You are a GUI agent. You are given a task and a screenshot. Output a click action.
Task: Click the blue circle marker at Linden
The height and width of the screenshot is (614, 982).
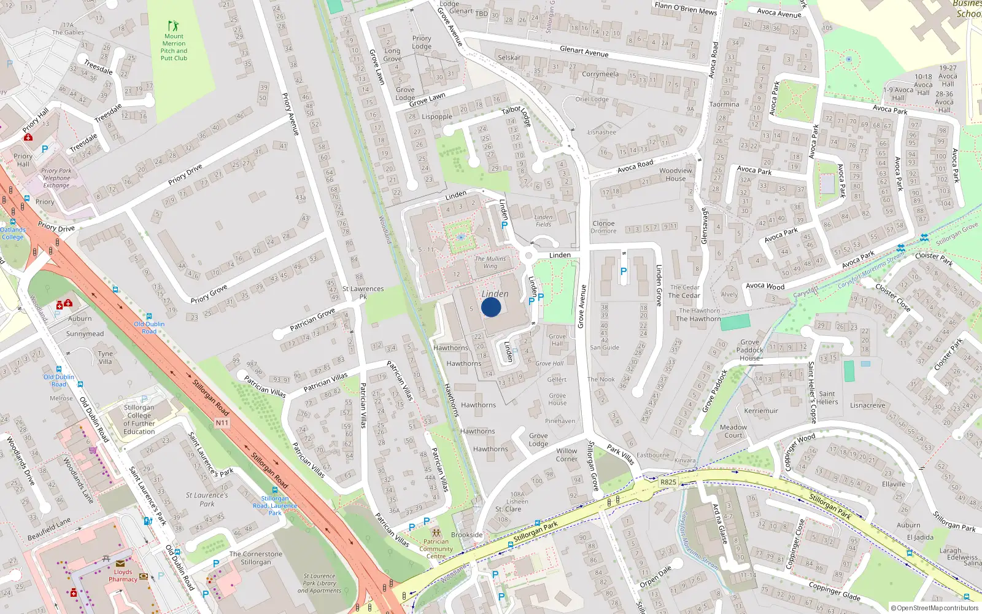pyautogui.click(x=491, y=307)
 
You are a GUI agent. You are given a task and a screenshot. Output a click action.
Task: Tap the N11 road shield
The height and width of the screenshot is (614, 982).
pyautogui.click(x=222, y=423)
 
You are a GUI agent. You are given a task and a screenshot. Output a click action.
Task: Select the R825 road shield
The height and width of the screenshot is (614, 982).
pyautogui.click(x=668, y=482)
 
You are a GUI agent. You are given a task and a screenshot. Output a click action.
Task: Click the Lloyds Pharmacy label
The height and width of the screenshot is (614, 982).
pyautogui.click(x=123, y=575)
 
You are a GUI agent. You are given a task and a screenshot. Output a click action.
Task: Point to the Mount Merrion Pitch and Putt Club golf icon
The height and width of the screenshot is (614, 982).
pyautogui.click(x=174, y=26)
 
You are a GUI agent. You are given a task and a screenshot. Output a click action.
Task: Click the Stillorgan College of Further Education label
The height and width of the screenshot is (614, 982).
pyautogui.click(x=139, y=419)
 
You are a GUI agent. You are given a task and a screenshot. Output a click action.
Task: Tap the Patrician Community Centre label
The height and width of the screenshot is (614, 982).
pyautogui.click(x=436, y=549)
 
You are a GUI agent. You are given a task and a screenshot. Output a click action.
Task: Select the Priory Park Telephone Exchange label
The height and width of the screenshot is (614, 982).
pyautogui.click(x=56, y=178)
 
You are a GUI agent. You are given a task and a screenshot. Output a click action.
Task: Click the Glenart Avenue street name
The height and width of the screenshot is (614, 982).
pyautogui.click(x=584, y=52)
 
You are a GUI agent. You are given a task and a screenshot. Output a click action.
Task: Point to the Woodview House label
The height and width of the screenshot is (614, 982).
pyautogui.click(x=675, y=175)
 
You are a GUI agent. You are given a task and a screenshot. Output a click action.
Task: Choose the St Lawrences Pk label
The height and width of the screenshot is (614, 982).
pyautogui.click(x=363, y=292)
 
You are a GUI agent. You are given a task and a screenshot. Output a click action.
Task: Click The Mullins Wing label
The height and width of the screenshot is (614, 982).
pyautogui.click(x=490, y=262)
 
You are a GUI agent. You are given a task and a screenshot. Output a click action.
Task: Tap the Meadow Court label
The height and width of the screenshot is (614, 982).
pyautogui.click(x=733, y=431)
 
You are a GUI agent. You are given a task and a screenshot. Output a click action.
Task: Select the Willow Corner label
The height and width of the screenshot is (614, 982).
pyautogui.click(x=566, y=454)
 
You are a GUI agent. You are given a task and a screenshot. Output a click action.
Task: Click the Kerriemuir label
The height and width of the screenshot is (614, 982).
pyautogui.click(x=761, y=411)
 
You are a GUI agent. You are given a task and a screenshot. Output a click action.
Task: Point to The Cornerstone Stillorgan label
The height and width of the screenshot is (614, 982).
pyautogui.click(x=256, y=558)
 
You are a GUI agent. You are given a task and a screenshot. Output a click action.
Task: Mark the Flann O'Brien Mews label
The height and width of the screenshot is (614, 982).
pyautogui.click(x=686, y=9)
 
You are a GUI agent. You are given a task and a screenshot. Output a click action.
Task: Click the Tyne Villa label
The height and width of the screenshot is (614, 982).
pyautogui.click(x=106, y=357)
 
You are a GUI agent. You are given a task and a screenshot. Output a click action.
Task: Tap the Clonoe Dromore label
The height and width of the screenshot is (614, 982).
pyautogui.click(x=603, y=227)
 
